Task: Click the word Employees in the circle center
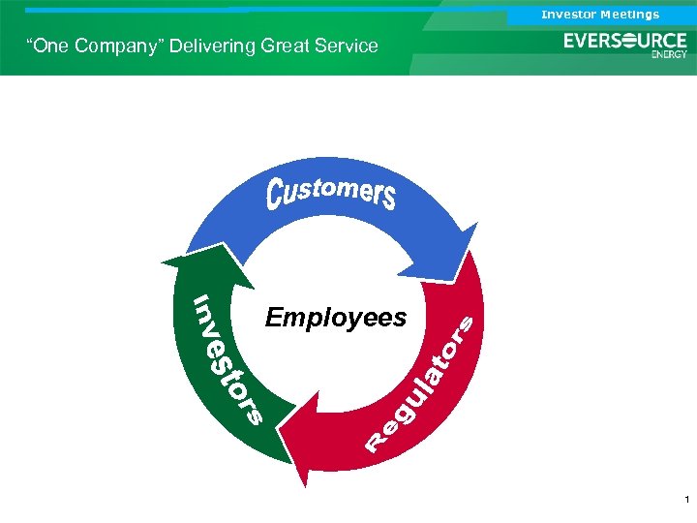[336, 318]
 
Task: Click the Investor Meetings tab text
[600, 15]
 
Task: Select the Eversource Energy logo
[625, 44]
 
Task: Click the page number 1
[685, 500]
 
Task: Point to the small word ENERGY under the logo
[669, 55]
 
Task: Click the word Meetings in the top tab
[629, 15]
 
